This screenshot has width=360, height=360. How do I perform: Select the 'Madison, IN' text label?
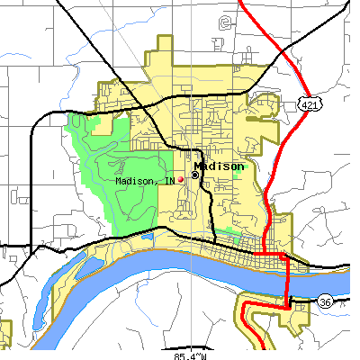[145, 181]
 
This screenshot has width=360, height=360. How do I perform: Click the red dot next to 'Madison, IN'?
[180, 179]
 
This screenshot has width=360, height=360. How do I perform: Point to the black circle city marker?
[194, 175]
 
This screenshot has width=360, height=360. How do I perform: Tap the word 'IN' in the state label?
[168, 181]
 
